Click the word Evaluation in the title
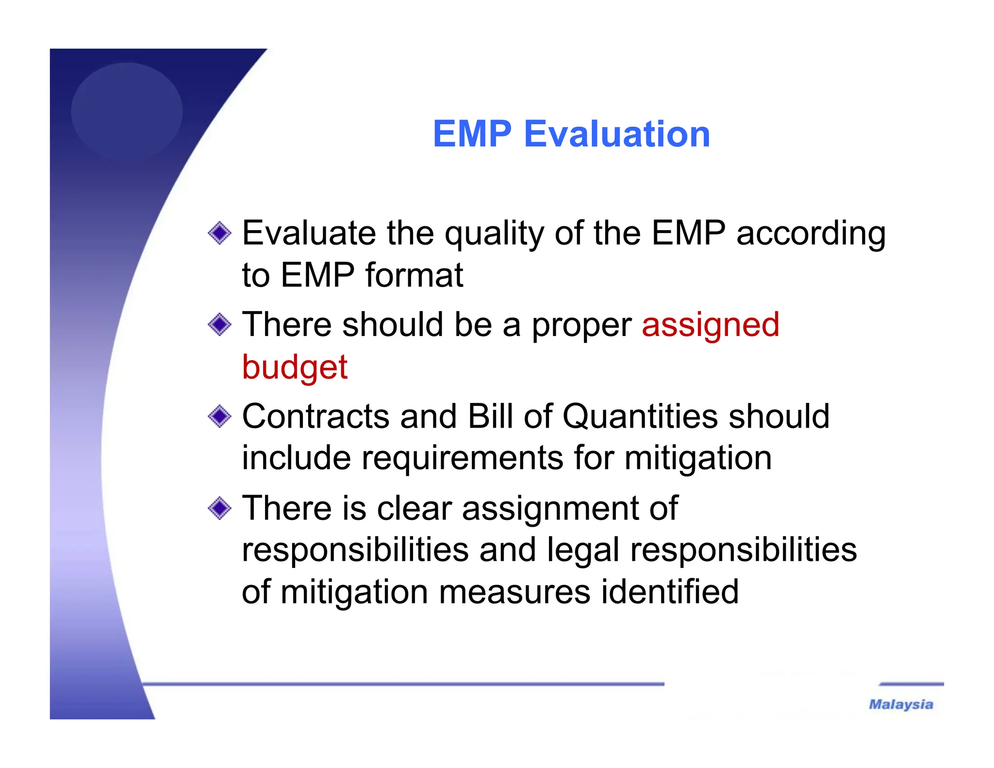point(617,134)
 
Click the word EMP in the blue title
point(472,134)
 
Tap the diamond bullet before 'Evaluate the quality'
point(219,234)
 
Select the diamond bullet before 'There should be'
point(219,324)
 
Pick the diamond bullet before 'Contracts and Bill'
point(219,416)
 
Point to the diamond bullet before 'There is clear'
point(219,508)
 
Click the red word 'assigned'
point(710,325)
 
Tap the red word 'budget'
point(295,367)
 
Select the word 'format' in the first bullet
point(414,275)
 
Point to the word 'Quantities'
point(640,417)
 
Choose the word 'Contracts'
point(315,417)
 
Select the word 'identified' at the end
point(670,592)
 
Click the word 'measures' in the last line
point(514,593)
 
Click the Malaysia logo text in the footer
point(901,704)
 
